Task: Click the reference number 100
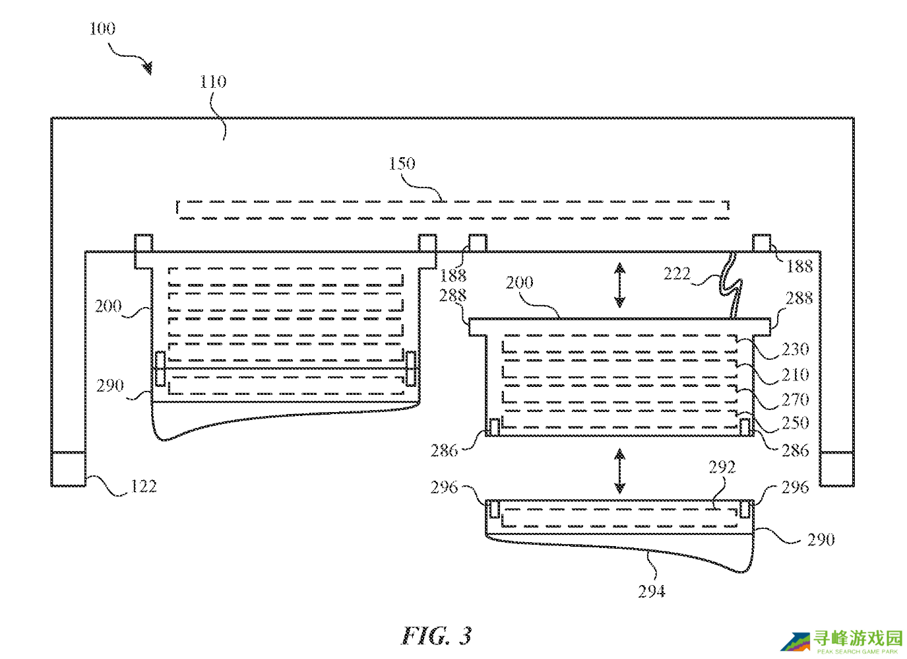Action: (102, 29)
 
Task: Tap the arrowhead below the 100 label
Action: (147, 68)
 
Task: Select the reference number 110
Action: (213, 82)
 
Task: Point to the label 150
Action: (402, 164)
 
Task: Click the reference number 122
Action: (143, 487)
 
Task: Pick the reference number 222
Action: (677, 274)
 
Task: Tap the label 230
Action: (796, 349)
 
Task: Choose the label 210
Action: (796, 375)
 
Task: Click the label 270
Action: (796, 400)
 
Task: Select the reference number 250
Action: (796, 423)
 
